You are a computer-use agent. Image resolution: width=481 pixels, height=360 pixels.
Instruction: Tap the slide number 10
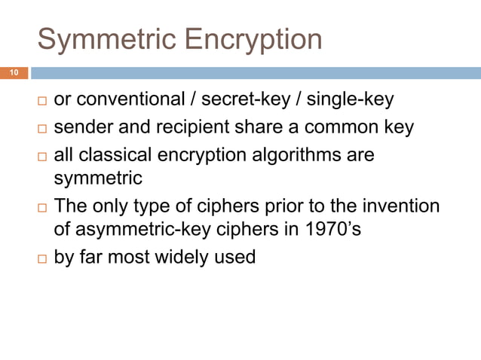(14, 73)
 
